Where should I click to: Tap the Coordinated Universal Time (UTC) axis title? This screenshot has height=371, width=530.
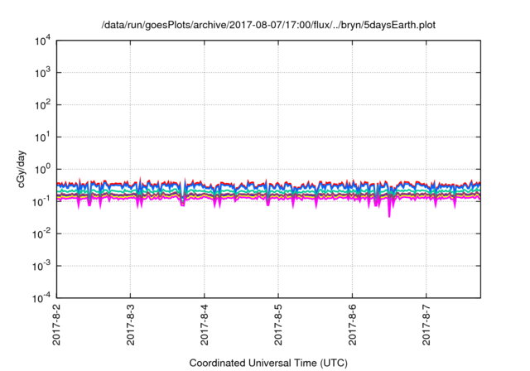pos(267,363)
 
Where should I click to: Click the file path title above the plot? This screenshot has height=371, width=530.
pos(267,25)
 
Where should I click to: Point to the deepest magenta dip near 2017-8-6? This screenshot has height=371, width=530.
pos(389,214)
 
